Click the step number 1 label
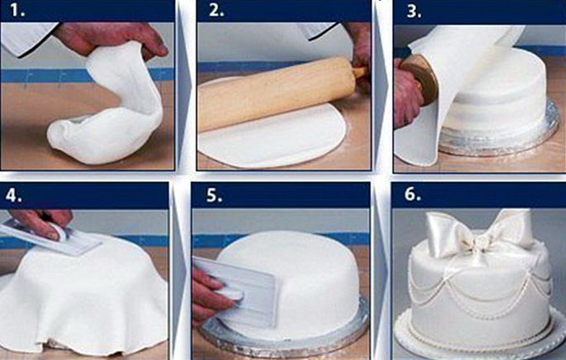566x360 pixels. click(x=17, y=11)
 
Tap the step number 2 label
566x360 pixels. click(x=216, y=11)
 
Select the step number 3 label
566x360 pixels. click(x=414, y=12)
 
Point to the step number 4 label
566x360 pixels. click(x=14, y=196)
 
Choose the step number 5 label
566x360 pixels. click(x=214, y=196)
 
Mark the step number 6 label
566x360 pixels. click(x=412, y=194)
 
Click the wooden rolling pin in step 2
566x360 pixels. click(x=278, y=92)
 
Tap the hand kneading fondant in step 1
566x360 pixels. click(x=112, y=39)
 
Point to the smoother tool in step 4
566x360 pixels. click(x=50, y=238)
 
